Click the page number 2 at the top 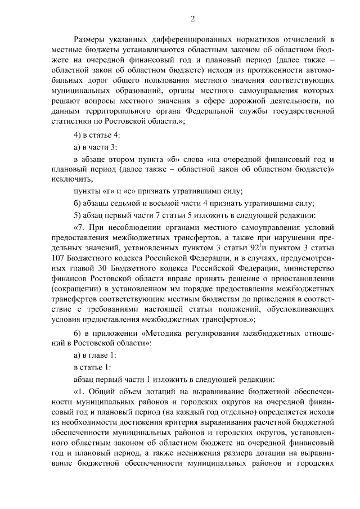click(x=192, y=20)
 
